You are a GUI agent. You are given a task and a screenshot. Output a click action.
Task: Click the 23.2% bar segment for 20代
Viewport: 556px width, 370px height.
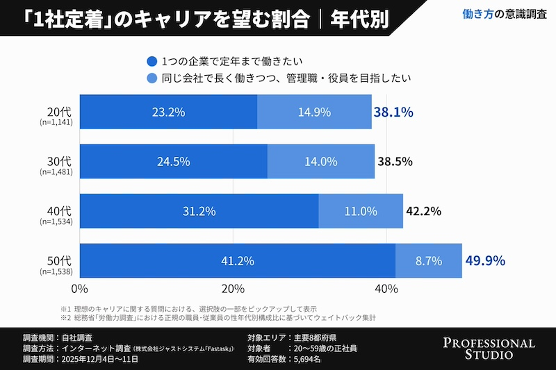pos(169,112)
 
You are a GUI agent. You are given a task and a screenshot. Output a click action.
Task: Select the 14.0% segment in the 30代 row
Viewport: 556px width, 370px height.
pos(320,162)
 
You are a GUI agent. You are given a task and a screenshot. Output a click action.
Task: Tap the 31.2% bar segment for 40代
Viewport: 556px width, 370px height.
pos(199,211)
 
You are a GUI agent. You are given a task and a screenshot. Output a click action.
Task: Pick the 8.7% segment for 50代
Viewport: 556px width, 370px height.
pos(429,261)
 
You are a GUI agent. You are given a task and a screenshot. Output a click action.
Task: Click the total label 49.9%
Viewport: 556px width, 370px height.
pos(484,261)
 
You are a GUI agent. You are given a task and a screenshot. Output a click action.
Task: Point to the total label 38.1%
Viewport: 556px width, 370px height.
pos(393,112)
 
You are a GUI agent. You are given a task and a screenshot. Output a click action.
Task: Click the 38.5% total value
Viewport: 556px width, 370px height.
pos(395,162)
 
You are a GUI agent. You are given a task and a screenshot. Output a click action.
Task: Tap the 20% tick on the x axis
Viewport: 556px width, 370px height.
pos(234,288)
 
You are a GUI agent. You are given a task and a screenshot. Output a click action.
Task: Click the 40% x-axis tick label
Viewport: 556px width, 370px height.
pos(386,288)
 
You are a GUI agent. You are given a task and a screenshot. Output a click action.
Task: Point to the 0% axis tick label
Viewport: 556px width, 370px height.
pos(80,288)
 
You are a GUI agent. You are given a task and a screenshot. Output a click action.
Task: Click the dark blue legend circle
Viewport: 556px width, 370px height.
pos(152,61)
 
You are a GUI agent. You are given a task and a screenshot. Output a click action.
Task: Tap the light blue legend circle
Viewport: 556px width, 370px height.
pos(152,78)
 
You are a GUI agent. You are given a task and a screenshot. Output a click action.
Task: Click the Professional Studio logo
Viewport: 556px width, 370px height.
pos(489,348)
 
